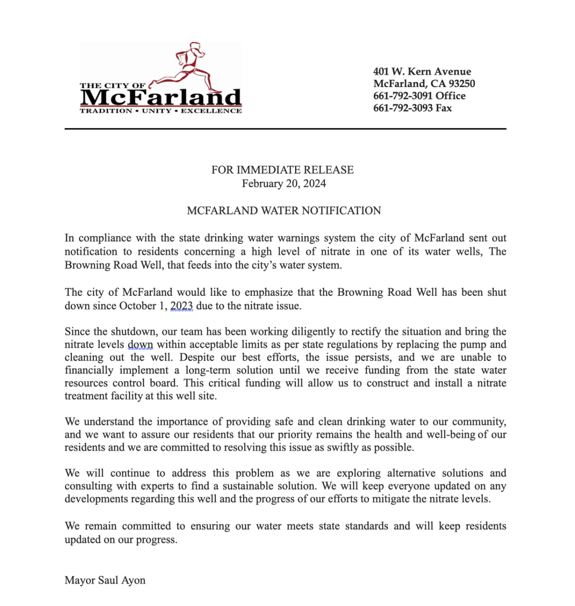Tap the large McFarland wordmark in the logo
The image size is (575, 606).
point(161,97)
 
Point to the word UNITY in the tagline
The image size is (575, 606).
point(156,111)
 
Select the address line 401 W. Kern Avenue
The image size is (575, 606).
point(422,71)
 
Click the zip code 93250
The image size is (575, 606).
point(460,83)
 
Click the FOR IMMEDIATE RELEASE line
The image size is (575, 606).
point(283,170)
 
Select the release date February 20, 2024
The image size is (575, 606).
point(283,183)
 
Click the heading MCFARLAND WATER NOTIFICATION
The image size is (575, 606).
point(283,211)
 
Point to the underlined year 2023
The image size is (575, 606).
point(181,306)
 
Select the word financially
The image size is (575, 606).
point(89,370)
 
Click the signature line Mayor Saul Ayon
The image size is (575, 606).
point(105,580)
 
